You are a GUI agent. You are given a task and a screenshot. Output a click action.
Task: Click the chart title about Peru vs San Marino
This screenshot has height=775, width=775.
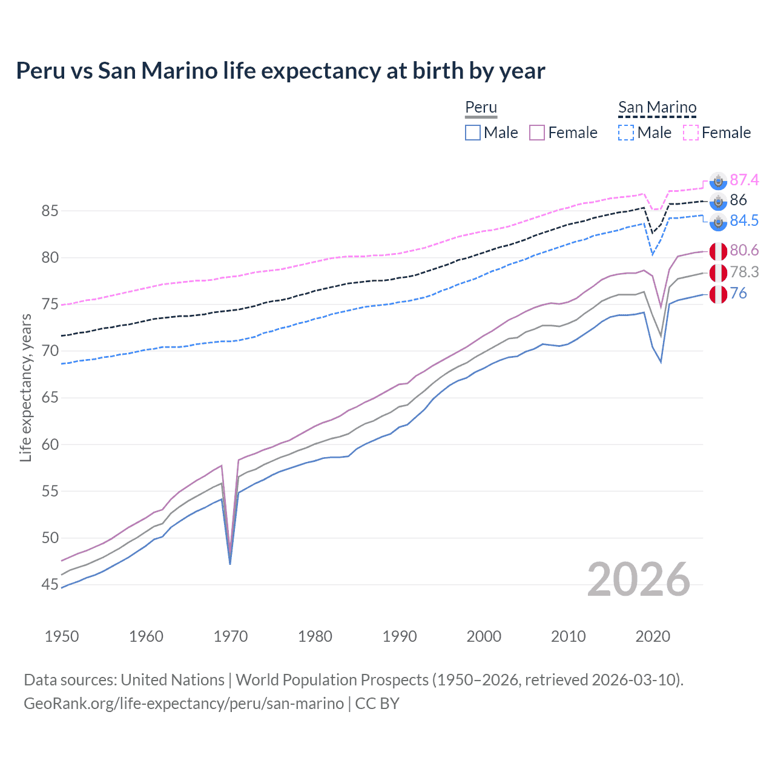(x=280, y=71)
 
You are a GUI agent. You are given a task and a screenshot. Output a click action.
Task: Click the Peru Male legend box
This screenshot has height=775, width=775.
(x=473, y=133)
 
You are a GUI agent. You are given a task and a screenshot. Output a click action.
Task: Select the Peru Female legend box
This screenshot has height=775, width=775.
(x=537, y=133)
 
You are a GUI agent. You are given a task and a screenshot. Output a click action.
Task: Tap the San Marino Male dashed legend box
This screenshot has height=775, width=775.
(x=626, y=133)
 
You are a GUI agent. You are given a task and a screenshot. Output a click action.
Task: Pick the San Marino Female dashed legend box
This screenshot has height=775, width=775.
(x=691, y=133)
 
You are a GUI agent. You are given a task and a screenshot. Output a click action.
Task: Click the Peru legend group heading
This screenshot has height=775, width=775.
(x=481, y=107)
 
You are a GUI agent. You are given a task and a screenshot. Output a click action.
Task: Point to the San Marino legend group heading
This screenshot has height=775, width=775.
(x=657, y=107)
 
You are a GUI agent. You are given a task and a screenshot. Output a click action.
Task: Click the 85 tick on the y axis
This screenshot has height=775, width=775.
(x=50, y=211)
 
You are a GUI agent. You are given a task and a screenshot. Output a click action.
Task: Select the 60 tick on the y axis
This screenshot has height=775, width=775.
(x=50, y=444)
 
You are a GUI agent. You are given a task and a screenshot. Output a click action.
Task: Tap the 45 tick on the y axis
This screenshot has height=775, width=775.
(x=50, y=584)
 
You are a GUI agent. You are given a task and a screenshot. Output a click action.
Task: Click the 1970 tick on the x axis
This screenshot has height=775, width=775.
(x=231, y=636)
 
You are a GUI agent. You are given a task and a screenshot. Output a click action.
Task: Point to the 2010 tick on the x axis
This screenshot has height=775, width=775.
(x=568, y=636)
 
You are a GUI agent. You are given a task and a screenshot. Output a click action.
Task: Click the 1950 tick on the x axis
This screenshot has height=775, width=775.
(x=62, y=636)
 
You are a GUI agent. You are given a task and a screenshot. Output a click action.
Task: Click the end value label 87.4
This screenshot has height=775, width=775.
(x=744, y=180)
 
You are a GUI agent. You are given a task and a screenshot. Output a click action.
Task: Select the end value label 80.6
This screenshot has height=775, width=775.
(x=744, y=250)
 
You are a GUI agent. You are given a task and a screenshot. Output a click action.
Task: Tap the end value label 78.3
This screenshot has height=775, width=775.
(x=744, y=272)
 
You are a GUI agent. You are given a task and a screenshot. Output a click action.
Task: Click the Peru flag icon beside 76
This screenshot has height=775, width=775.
(x=718, y=294)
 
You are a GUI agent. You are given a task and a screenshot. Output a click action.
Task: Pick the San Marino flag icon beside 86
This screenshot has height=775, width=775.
(x=718, y=201)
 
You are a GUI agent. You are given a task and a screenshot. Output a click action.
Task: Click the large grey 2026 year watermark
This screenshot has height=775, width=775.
(x=639, y=579)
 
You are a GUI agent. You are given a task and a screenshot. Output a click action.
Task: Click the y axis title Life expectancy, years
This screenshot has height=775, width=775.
(x=25, y=387)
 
